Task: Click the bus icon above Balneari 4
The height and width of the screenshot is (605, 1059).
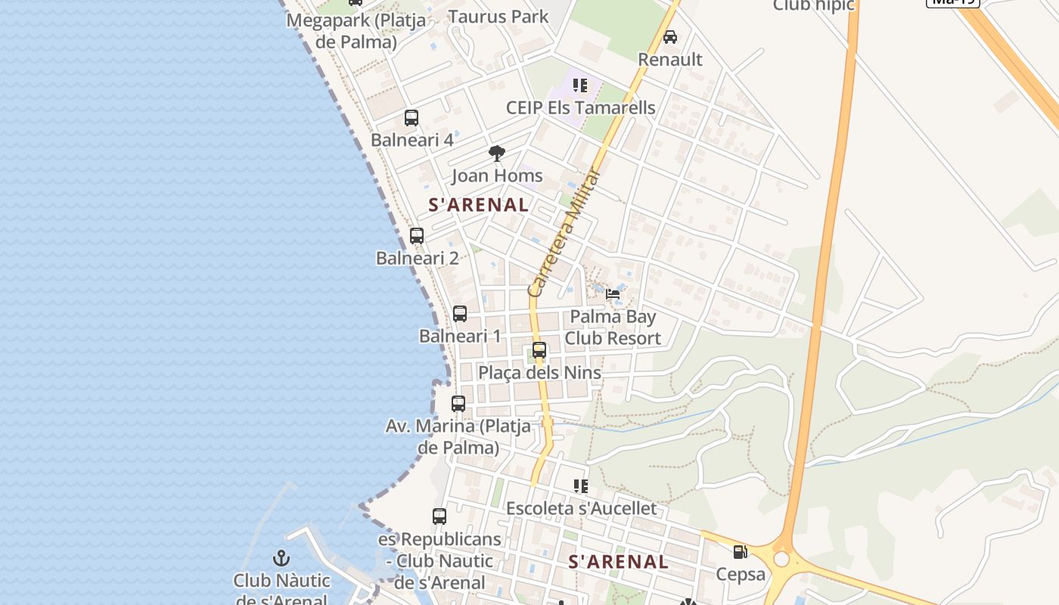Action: (411, 118)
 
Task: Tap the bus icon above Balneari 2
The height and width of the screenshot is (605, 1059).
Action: (417, 235)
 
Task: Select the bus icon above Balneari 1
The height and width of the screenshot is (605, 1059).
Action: (460, 313)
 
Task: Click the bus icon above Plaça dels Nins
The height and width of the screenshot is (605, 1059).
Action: (539, 350)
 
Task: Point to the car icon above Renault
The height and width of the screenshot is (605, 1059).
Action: (670, 36)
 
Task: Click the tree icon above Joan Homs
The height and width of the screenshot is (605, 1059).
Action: (497, 154)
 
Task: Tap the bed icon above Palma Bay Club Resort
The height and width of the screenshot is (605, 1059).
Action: (613, 293)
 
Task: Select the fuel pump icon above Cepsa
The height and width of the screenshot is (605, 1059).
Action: (741, 552)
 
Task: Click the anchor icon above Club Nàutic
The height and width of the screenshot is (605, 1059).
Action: (281, 559)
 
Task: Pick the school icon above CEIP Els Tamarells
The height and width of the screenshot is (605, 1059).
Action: (580, 85)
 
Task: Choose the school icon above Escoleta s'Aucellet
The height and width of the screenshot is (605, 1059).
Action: (581, 486)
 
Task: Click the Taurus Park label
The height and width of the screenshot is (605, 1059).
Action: (498, 17)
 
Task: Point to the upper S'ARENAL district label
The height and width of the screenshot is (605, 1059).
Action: (479, 204)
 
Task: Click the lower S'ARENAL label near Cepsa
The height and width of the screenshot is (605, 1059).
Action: (619, 562)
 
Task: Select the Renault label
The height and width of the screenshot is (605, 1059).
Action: (670, 60)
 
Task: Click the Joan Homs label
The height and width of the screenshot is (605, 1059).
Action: (497, 176)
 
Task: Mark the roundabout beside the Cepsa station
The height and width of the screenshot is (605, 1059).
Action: (781, 560)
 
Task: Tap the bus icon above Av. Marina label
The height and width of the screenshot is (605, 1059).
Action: (458, 404)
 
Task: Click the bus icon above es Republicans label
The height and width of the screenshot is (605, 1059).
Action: (439, 517)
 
